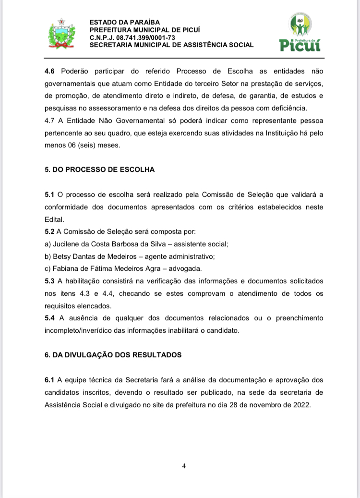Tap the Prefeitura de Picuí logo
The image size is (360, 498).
coord(300,32)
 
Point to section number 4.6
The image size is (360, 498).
coord(50,72)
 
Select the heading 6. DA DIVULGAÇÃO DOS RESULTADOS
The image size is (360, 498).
coord(113,355)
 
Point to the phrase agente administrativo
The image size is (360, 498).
coord(181,256)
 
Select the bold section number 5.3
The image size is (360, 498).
coord(50,280)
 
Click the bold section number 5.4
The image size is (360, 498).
coord(50,318)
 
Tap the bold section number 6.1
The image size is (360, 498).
coord(50,380)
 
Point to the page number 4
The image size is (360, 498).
coord(184,466)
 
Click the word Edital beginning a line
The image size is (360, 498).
coord(54,219)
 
